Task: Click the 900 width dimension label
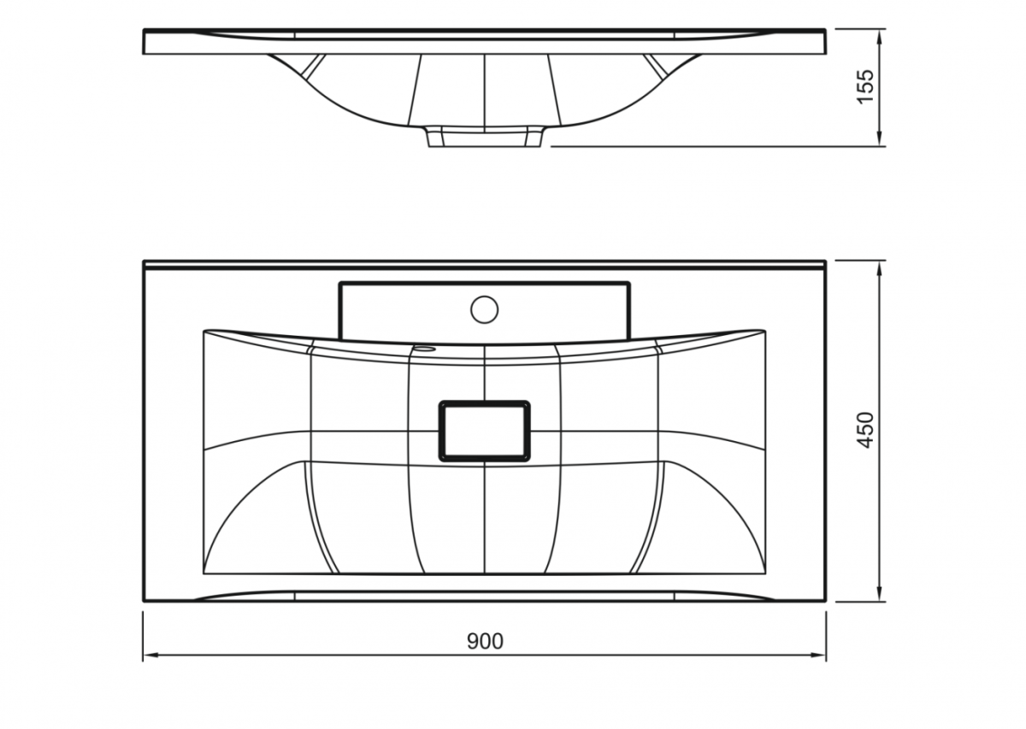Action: (485, 642)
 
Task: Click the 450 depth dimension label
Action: (865, 430)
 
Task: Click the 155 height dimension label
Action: (865, 86)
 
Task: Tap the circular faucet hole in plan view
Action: (484, 309)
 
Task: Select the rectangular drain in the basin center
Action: (485, 431)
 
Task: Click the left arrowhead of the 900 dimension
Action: (150, 656)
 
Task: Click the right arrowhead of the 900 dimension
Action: (818, 656)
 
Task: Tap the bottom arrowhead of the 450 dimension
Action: (879, 594)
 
